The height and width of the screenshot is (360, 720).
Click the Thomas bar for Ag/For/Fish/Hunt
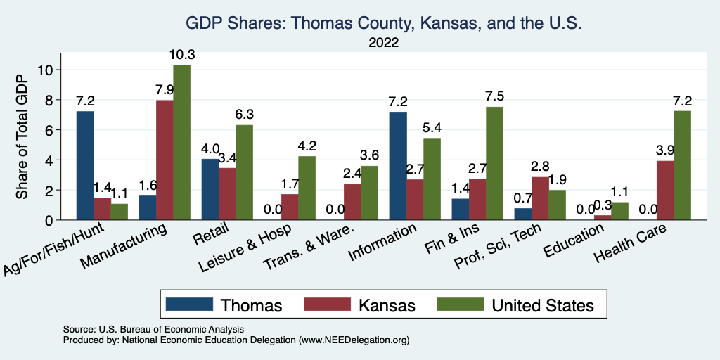85,166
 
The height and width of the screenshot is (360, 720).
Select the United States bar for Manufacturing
181,143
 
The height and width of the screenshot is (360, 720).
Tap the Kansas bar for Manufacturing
165,160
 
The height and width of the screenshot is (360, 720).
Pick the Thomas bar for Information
398,166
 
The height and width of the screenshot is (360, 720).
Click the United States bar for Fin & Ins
495,164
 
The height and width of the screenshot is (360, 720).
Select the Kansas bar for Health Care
664,191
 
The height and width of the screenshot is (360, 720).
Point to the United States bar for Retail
244,172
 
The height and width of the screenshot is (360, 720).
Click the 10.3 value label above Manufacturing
181,54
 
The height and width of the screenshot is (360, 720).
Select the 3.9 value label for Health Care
664,150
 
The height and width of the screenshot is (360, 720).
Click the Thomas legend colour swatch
190,304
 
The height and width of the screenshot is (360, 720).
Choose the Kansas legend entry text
387,305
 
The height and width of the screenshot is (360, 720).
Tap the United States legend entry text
543,305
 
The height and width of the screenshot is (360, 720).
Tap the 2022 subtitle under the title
384,43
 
